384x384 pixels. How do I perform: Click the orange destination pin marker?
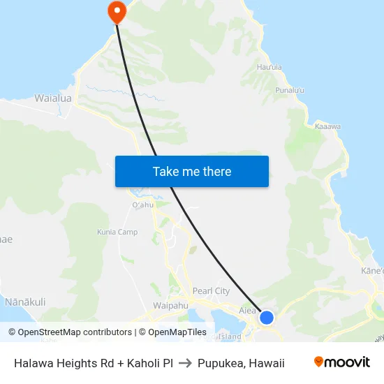coord(115,10)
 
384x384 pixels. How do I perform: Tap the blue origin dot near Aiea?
coord(266,318)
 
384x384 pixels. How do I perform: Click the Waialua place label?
coord(53,98)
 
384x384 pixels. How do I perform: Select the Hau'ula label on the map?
coord(269,68)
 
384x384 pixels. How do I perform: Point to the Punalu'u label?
coord(290,90)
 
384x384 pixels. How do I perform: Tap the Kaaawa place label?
coord(327,126)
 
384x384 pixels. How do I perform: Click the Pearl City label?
coord(211,290)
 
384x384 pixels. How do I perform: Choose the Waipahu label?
coord(170,305)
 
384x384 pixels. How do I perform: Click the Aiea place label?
coord(247,310)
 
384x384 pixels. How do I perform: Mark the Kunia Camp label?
coord(117,232)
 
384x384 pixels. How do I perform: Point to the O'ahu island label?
coord(142,205)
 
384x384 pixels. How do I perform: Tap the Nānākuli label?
coord(25,302)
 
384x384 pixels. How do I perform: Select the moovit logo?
coord(341,362)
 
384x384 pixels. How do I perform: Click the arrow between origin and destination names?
coord(185,362)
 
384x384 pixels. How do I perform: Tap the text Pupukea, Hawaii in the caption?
coord(241,362)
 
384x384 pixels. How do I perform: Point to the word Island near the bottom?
coord(229,337)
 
